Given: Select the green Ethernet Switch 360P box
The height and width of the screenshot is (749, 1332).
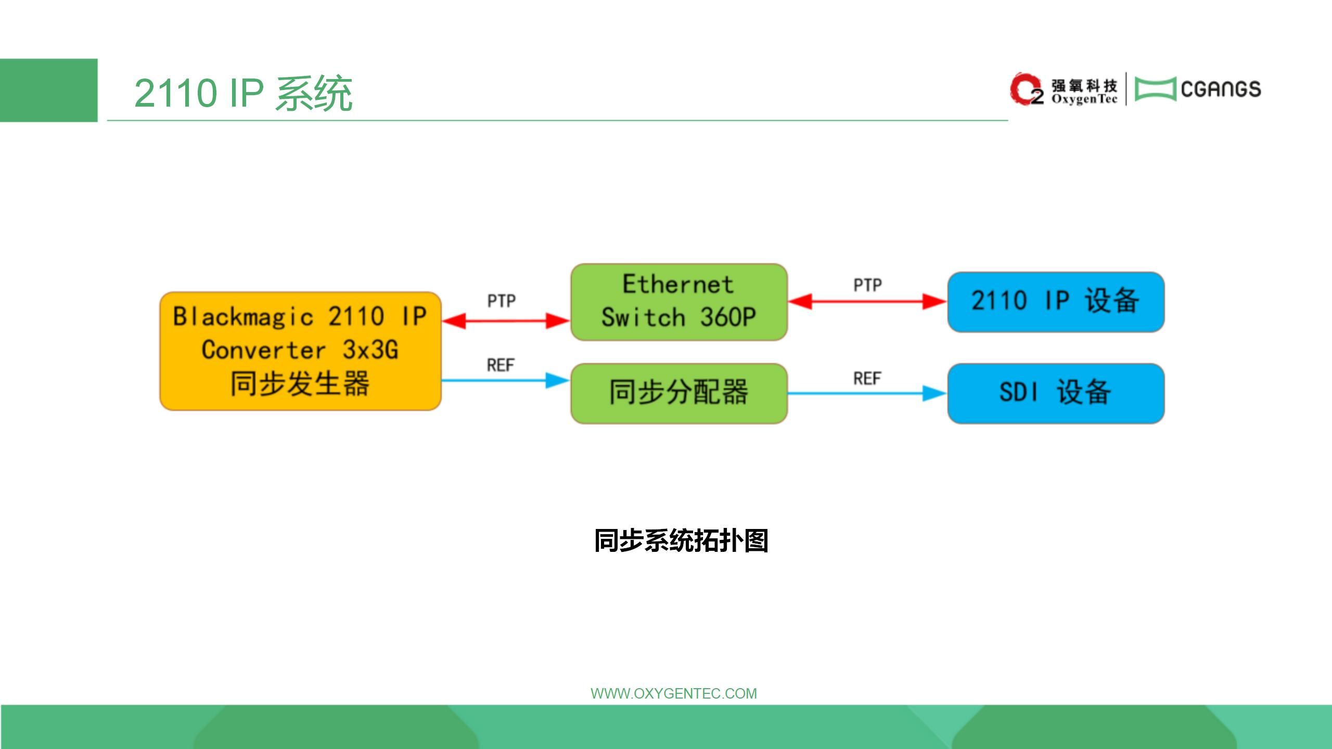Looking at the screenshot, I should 678,302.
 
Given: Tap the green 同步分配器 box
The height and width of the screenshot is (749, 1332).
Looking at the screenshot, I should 678,393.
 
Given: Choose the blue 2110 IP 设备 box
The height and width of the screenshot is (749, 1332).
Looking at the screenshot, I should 1055,302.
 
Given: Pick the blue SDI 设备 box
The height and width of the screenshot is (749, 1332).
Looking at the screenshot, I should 1055,393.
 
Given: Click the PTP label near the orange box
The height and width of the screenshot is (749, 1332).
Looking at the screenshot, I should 502,301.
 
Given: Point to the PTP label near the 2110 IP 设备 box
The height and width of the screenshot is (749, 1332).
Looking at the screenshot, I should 867,285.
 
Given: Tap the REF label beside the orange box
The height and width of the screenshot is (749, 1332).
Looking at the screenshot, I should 501,365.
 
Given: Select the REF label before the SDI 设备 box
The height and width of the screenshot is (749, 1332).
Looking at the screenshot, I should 867,378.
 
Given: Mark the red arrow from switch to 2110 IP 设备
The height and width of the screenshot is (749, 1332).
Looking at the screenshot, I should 867,301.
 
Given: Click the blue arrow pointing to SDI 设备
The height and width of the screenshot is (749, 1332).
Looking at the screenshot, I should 867,393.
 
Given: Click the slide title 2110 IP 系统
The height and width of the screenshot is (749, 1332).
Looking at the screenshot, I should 243,93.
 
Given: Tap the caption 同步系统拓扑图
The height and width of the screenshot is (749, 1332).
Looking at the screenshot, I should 681,540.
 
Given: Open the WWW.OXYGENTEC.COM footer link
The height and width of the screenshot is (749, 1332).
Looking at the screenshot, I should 673,693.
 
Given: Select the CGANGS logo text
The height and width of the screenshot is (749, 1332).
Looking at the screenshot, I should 1221,89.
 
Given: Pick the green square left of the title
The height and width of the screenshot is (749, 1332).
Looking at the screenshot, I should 48,90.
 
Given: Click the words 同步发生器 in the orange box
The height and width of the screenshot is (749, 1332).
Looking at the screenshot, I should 300,383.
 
